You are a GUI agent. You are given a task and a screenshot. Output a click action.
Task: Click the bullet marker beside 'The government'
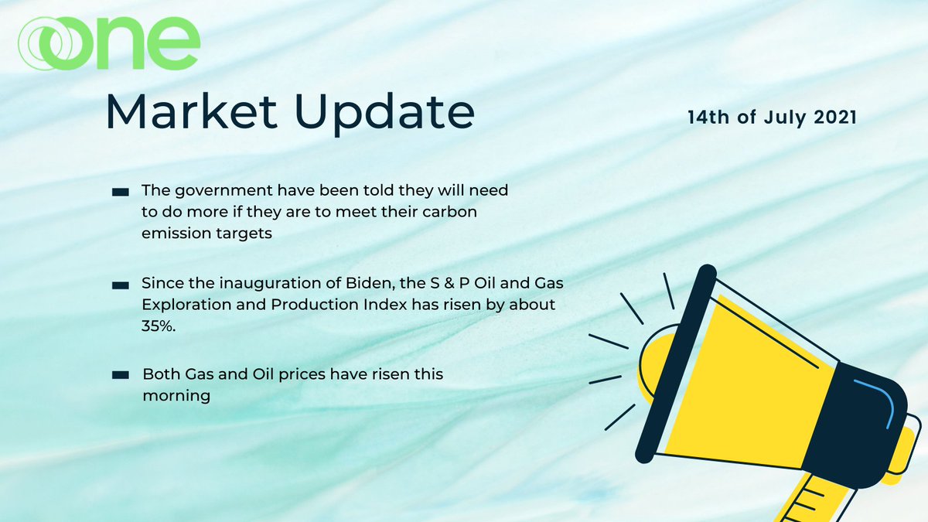click(120, 191)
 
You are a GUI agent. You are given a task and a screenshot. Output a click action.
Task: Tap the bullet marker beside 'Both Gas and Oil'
click(120, 375)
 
